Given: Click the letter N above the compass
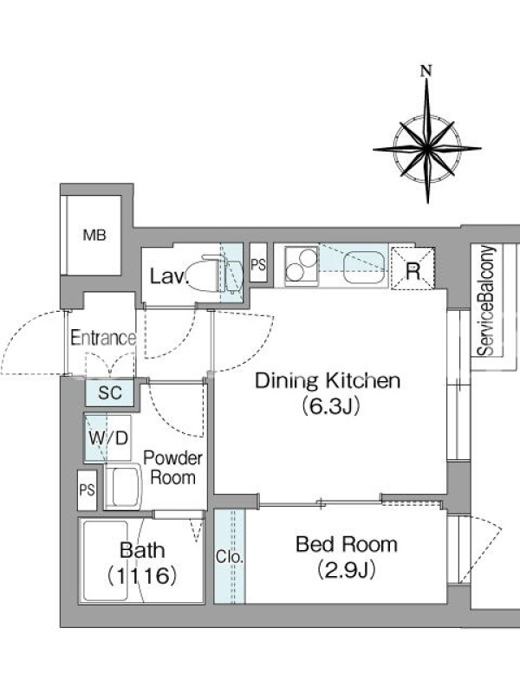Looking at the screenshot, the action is pos(426,71).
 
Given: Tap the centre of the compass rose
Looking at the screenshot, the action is pos(427,149).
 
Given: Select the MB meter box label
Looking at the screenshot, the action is pos(94,235).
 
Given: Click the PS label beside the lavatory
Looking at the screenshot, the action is pos(258,264).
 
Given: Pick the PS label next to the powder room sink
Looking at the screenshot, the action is pos(87,489).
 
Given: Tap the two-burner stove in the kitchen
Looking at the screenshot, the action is pos(302,265).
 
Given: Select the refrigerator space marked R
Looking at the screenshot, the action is pos(413,269).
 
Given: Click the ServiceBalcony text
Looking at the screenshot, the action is pos(486,300).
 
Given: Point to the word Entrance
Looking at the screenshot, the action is pos(103,338).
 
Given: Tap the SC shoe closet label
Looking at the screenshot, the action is pos(110,392).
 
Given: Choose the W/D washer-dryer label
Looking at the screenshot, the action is pos(108,438).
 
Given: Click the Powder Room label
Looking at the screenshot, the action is pos(172,468).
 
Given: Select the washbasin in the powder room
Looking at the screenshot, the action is pos(123,487).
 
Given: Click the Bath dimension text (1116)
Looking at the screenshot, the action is pos(141,576).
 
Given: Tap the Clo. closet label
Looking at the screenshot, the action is pos(230,556).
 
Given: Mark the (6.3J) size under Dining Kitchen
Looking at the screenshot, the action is pos(330,405).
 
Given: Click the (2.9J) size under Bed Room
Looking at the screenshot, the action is pos(347,570).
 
